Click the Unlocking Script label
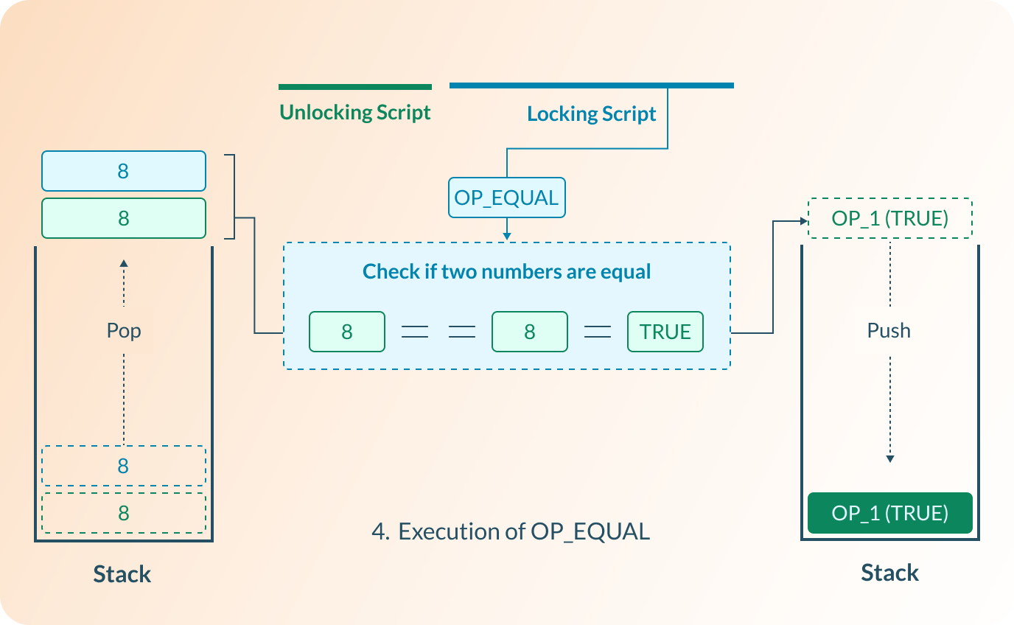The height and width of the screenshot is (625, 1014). [x=354, y=113]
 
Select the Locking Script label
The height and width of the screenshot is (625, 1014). [x=591, y=114]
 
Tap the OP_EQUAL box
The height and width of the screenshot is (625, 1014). [x=506, y=198]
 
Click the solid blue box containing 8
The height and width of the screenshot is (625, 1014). [x=123, y=171]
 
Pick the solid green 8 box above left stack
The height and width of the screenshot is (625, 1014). [x=123, y=218]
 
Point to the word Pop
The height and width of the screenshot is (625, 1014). [x=123, y=330]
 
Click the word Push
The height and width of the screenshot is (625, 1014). [x=889, y=330]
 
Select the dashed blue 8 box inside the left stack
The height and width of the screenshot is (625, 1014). [x=123, y=466]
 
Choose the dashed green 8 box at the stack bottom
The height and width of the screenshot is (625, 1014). [x=123, y=513]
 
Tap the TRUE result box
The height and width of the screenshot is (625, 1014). [x=665, y=332]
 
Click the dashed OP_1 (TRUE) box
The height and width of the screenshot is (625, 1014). [x=889, y=218]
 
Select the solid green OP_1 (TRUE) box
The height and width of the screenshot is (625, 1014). [x=889, y=513]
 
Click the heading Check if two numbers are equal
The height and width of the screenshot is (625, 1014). [x=506, y=271]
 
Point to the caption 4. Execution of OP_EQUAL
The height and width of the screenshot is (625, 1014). [x=511, y=531]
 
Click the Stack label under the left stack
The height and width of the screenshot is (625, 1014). [x=122, y=574]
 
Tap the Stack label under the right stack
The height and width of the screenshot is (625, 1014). [x=889, y=573]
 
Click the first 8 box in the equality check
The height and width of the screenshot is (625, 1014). [x=346, y=332]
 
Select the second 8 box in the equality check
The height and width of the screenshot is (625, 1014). [x=529, y=332]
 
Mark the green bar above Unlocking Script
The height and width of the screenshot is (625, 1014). [x=354, y=87]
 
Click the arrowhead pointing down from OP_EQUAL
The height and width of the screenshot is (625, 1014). [x=506, y=236]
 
